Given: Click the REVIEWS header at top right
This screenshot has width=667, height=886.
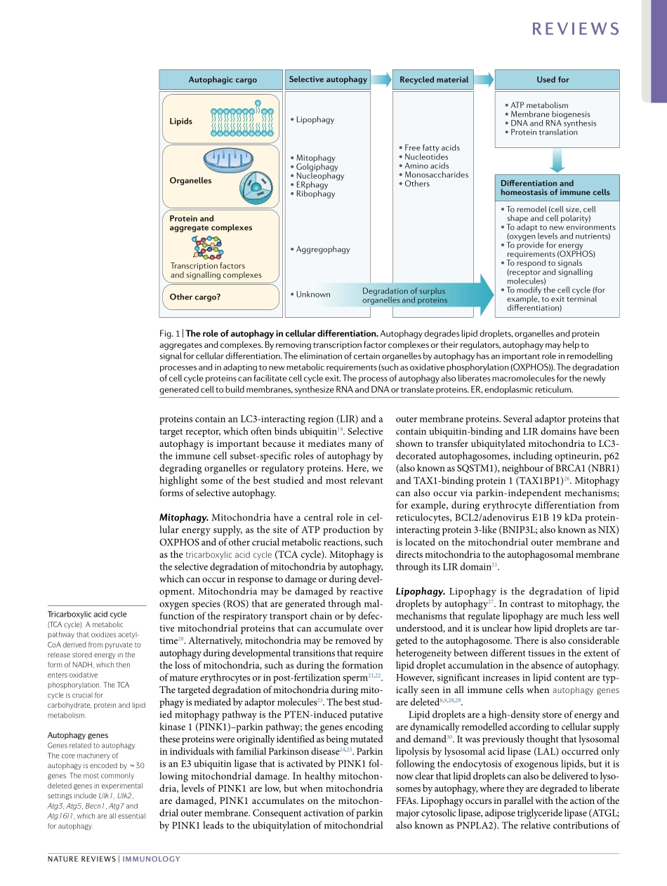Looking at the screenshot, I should tap(576, 29).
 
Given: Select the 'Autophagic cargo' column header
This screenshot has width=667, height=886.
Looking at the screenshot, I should tap(223, 80).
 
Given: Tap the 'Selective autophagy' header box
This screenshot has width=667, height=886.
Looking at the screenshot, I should tap(328, 79).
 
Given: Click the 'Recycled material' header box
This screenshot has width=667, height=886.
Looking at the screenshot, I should tap(434, 80).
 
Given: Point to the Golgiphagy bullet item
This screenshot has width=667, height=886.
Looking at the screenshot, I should tap(317, 167).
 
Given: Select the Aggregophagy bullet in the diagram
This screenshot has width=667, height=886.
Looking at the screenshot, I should tap(322, 250).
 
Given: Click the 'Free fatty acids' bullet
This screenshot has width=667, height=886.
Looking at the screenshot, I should tap(432, 148).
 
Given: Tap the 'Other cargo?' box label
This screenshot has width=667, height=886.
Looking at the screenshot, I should tap(195, 297).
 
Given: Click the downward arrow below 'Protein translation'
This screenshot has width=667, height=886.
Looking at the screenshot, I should tap(557, 161).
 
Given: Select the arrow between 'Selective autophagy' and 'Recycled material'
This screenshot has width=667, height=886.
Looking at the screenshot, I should tap(381, 79).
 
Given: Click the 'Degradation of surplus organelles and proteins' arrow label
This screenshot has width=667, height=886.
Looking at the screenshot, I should tap(404, 295).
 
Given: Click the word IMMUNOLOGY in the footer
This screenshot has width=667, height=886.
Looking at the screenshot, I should tap(152, 859).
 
